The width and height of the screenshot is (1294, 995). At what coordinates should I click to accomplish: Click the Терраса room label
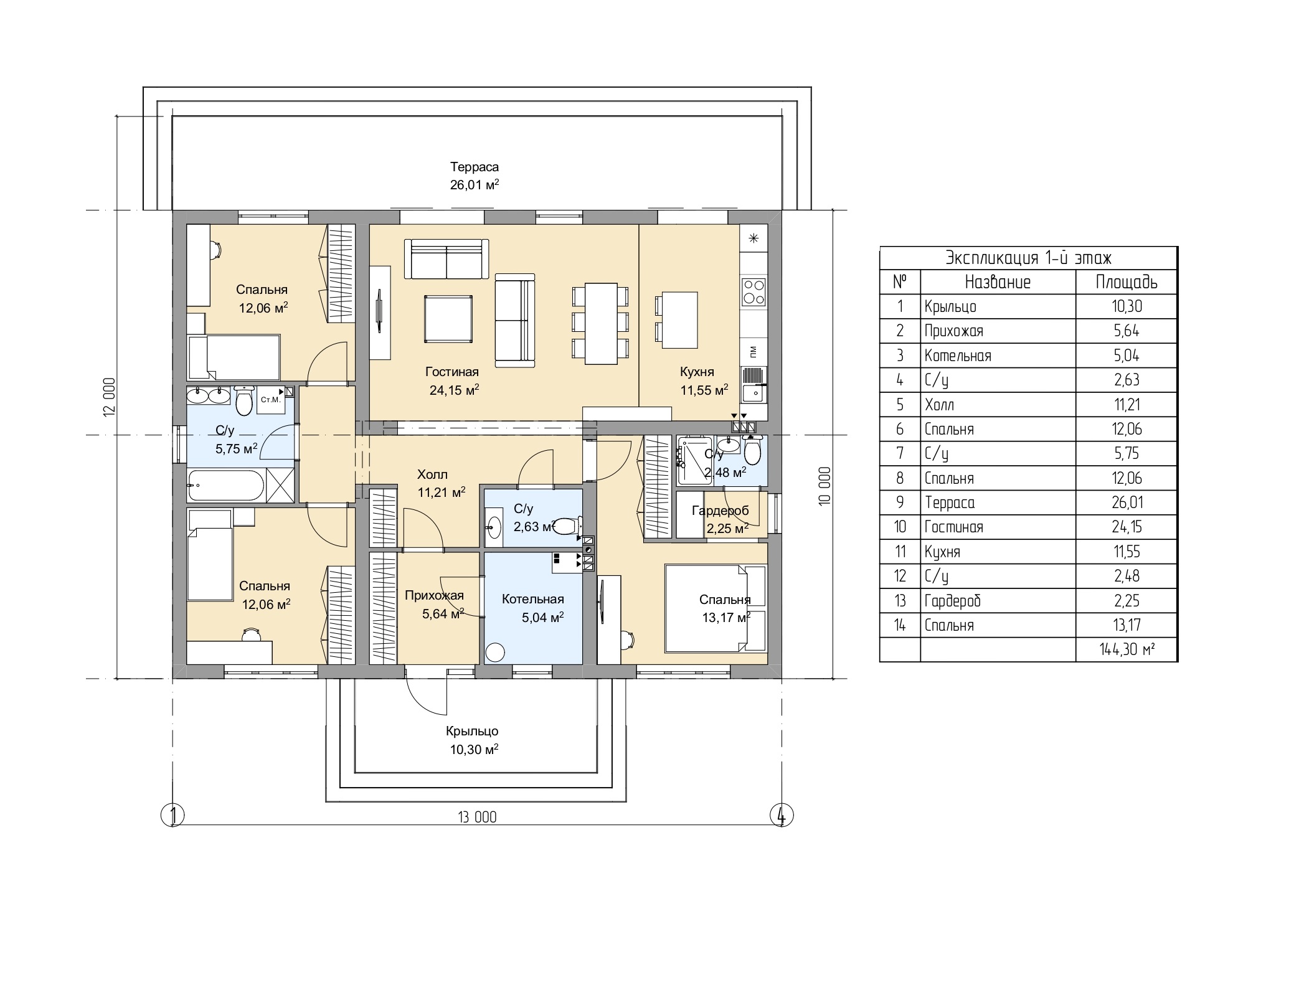point(475,167)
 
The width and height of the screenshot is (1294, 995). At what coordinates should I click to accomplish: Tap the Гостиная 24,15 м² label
point(453,380)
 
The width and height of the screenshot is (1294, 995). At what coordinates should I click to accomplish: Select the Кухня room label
point(697,372)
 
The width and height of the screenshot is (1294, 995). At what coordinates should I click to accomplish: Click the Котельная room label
point(533,599)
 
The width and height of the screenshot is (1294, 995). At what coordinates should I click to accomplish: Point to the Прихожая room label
point(434,596)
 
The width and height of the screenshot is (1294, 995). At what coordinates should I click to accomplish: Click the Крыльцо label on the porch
point(472,731)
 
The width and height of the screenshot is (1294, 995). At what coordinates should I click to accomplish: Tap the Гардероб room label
point(720,511)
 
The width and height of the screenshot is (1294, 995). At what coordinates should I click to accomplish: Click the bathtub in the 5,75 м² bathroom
point(227,486)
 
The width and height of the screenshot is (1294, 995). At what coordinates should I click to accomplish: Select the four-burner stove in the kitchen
point(753,291)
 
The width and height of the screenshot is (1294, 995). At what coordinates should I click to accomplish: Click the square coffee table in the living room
point(448,319)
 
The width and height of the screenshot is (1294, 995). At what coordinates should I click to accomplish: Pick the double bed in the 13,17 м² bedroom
point(715,608)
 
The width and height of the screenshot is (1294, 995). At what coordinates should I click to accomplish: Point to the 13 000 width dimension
point(478,817)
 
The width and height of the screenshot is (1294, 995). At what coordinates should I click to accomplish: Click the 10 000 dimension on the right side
point(825,486)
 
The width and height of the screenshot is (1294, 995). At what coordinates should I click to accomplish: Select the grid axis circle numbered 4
point(782,815)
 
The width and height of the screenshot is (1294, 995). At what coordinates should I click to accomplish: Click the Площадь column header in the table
point(1126,282)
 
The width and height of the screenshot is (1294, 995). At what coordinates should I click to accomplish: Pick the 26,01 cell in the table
point(1126,502)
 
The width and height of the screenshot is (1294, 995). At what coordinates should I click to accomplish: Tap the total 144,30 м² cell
point(1127,649)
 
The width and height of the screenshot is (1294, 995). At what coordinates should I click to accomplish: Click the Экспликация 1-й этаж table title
point(1029,258)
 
